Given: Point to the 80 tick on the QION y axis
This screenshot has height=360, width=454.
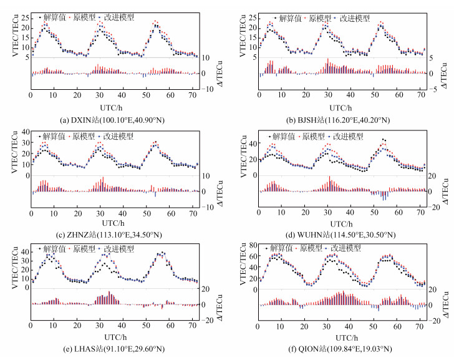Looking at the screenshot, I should (x=250, y=245).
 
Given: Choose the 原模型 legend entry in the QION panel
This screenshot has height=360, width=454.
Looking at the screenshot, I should (x=312, y=249).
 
